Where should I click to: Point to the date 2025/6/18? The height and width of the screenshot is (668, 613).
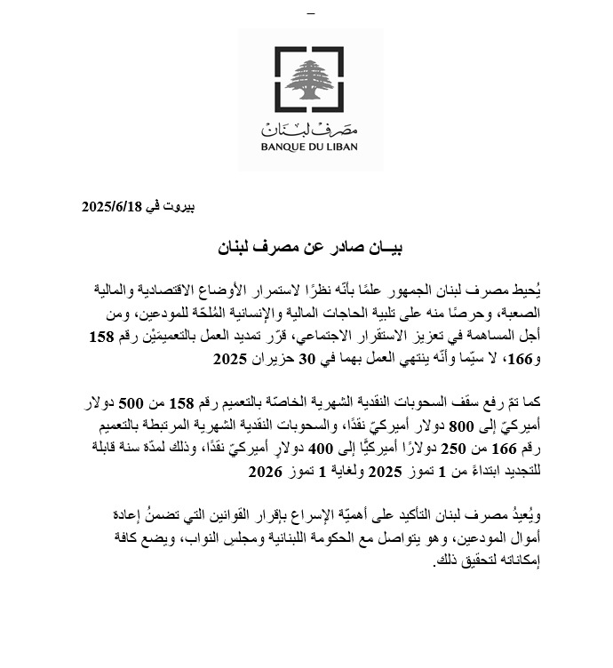pyautogui.click(x=113, y=207)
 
